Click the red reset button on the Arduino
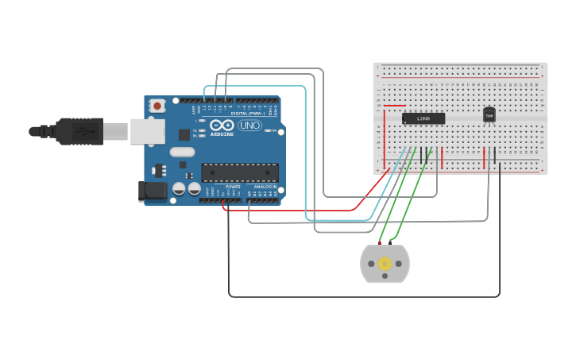click(157, 105)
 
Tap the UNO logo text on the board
click(249, 126)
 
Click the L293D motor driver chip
click(423, 118)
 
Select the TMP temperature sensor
click(489, 115)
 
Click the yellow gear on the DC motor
click(385, 264)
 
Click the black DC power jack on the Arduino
click(152, 191)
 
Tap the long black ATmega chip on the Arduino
click(240, 172)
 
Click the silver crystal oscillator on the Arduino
click(182, 152)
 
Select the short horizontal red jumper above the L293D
click(395, 105)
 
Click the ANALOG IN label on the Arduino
click(265, 187)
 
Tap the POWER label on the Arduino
click(233, 187)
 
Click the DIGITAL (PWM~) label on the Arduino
click(249, 114)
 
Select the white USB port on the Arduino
click(148, 131)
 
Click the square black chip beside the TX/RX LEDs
click(184, 135)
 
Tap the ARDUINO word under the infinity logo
click(222, 134)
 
